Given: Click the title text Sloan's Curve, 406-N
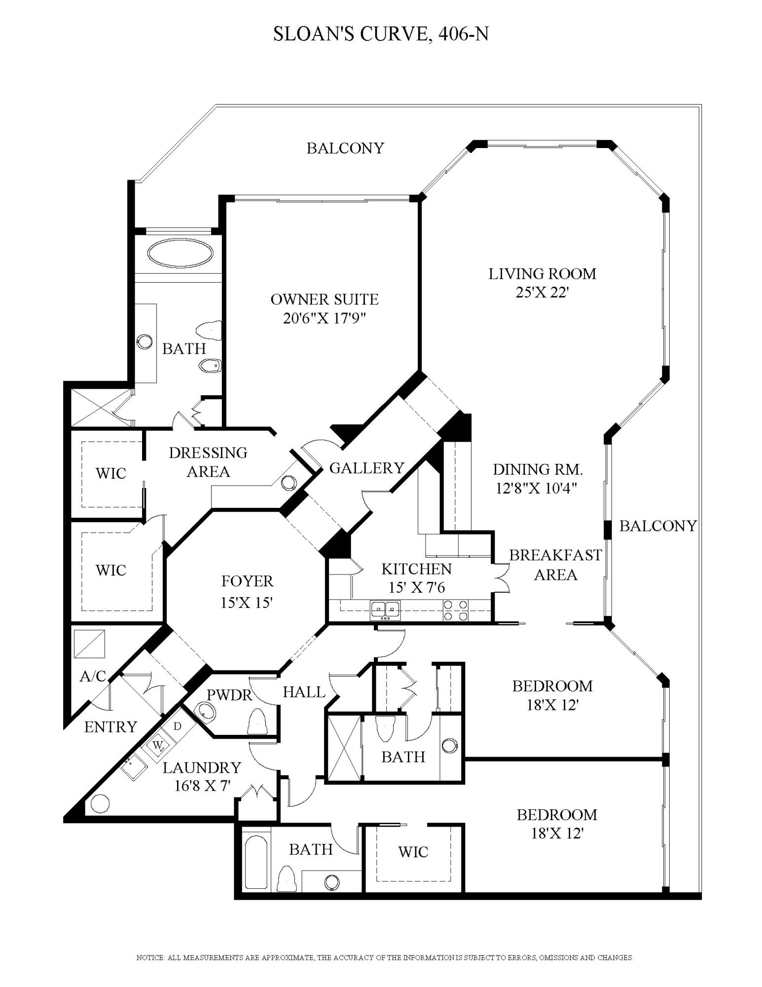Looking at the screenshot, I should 381,34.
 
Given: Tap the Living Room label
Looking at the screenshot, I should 542,274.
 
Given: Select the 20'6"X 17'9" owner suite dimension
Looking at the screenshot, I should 324,318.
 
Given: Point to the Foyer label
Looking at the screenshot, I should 247,581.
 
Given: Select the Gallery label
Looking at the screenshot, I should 366,468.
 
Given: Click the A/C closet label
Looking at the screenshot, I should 93,676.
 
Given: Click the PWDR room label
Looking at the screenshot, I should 229,695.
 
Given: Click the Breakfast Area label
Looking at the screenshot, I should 555,565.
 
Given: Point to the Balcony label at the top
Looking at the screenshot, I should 345,148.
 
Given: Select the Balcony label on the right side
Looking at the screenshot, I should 658,526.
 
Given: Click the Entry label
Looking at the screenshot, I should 110,727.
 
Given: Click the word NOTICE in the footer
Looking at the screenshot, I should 150,957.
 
